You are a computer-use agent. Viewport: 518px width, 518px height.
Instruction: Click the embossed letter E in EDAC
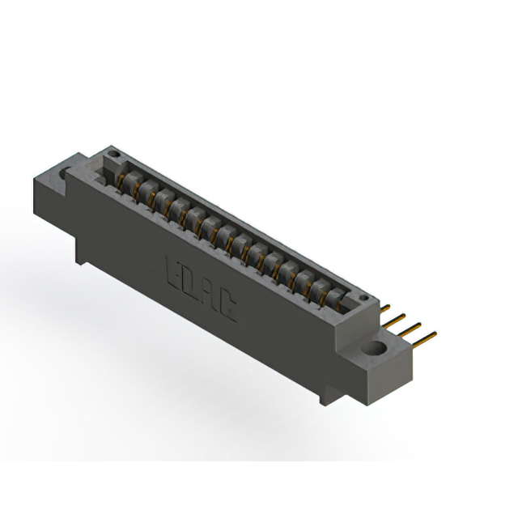point(174,270)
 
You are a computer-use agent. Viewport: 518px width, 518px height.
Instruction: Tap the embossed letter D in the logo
point(191,282)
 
